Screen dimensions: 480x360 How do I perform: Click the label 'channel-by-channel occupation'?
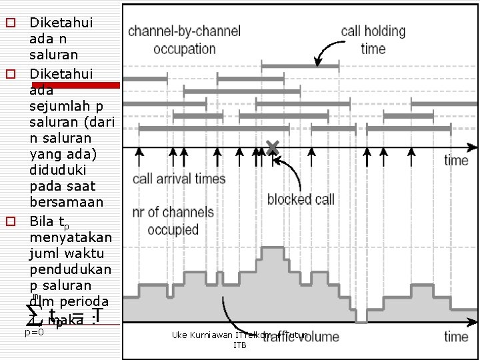184,40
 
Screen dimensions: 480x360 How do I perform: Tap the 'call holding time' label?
373,40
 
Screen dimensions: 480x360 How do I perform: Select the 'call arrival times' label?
179,179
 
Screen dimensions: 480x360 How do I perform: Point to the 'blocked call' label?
301,199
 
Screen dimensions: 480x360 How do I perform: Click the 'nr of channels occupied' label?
173,221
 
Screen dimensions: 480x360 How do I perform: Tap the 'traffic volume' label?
301,337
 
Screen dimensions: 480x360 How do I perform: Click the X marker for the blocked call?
272,147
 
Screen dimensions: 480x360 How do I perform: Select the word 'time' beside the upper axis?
456,160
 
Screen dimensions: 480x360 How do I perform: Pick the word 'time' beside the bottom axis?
456,336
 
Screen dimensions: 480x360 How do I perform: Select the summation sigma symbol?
32,315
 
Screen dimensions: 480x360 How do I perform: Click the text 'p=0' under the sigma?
33,331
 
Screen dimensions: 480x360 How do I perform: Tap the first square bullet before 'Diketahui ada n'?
11,23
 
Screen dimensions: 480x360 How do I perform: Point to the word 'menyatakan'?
71,237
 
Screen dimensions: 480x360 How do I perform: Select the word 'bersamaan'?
62,201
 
